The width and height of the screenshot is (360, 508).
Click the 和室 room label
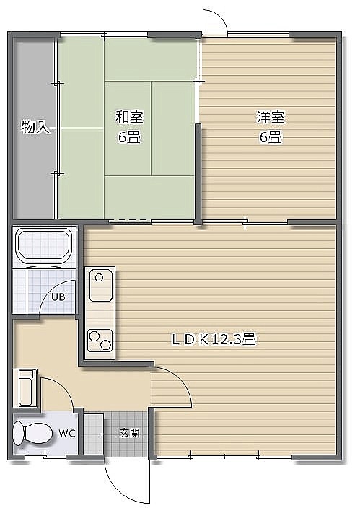(x=129, y=117)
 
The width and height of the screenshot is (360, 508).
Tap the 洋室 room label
(x=271, y=117)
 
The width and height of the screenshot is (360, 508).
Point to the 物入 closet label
(x=35, y=127)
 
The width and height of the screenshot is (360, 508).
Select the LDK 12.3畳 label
(x=214, y=340)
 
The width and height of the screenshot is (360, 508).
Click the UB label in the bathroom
(x=58, y=297)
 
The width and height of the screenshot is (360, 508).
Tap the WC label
(x=67, y=433)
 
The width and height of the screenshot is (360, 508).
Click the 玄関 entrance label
(x=129, y=433)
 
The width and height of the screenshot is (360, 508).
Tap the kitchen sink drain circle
(x=100, y=278)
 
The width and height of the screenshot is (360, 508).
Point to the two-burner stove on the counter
(x=100, y=341)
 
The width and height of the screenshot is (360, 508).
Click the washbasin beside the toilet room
(x=25, y=388)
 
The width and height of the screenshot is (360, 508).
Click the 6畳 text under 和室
(x=129, y=138)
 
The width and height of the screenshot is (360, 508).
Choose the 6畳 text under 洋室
(x=271, y=138)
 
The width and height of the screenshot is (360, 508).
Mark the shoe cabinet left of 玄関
(x=94, y=434)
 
